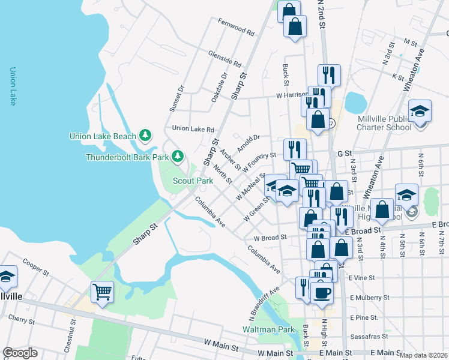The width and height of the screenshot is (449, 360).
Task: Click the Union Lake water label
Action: click(x=12, y=87)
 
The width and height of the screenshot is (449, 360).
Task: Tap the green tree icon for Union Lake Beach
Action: click(x=145, y=136)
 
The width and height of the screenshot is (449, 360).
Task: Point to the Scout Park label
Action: click(x=193, y=181)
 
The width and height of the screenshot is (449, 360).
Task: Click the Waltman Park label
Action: click(x=268, y=329)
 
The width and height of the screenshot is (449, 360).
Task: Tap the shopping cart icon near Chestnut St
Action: click(x=102, y=292)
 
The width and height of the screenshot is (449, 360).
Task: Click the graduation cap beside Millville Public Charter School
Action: click(x=420, y=111)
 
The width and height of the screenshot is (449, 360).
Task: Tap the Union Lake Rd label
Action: click(x=193, y=129)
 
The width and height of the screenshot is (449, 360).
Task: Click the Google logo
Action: click(x=20, y=353)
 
